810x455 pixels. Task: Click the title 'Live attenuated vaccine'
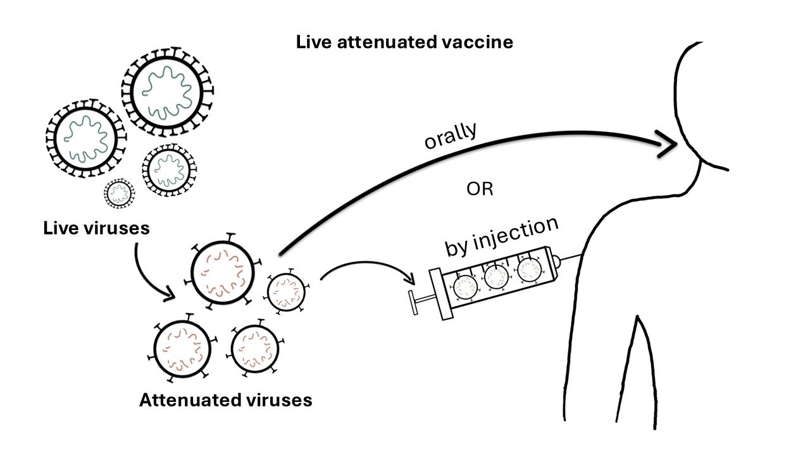[x=404, y=43]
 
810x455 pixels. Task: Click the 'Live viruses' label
[x=97, y=227]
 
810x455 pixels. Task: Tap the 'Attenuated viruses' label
[x=225, y=400]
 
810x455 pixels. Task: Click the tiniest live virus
[x=120, y=194]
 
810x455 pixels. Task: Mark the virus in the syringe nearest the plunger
[x=466, y=288]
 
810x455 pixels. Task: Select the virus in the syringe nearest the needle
[x=530, y=270]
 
